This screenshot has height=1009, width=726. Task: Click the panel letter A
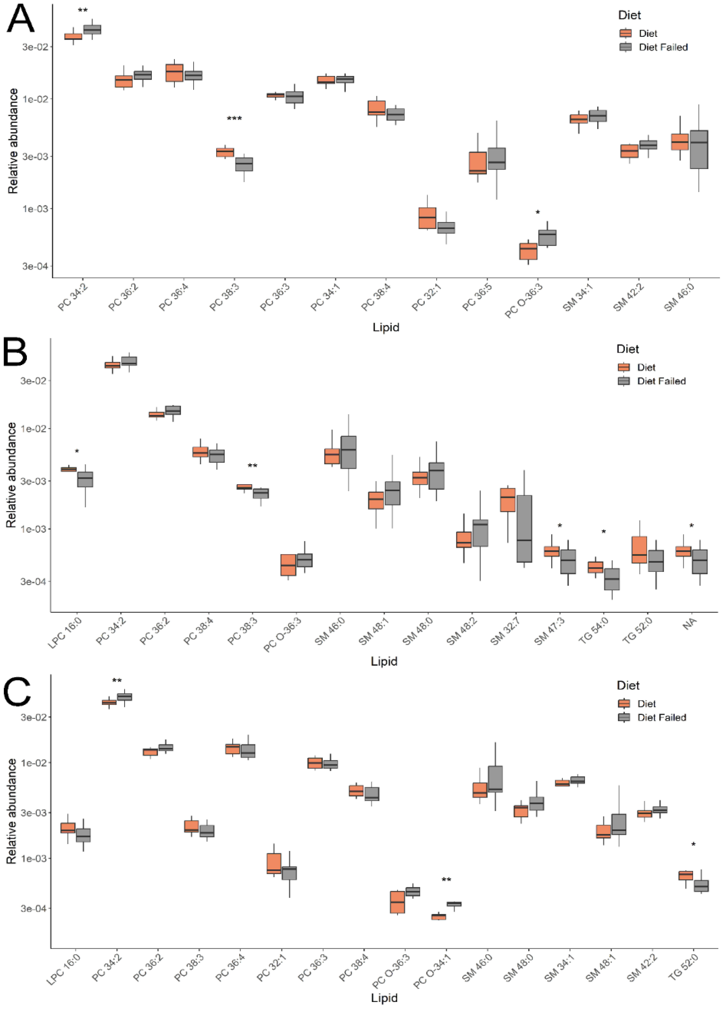pyautogui.click(x=20, y=19)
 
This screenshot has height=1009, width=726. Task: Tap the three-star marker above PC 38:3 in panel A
pyautogui.click(x=234, y=119)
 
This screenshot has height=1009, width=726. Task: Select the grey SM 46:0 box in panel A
pyautogui.click(x=698, y=149)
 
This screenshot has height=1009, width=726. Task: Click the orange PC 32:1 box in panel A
pyautogui.click(x=427, y=218)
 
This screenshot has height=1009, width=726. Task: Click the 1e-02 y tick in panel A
pyautogui.click(x=35, y=99)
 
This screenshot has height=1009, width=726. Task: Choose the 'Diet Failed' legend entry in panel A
pyautogui.click(x=663, y=47)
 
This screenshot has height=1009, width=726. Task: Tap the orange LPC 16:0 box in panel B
pyautogui.click(x=68, y=469)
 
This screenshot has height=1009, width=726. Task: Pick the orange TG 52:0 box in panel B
pyautogui.click(x=639, y=550)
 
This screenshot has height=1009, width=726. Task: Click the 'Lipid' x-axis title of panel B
pyautogui.click(x=384, y=662)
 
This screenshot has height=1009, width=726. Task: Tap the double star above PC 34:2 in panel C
pyautogui.click(x=117, y=681)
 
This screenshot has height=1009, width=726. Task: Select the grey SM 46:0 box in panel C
pyautogui.click(x=495, y=779)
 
